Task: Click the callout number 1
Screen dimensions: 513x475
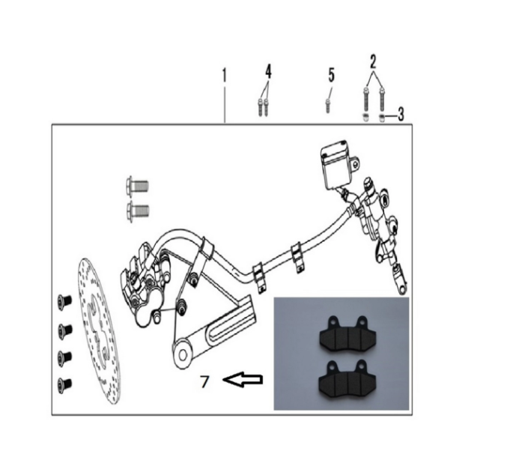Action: coord(224,76)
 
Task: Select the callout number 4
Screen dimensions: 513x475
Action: coord(268,72)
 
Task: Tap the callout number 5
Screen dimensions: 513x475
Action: coord(332,75)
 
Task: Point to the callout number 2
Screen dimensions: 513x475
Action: coord(373,61)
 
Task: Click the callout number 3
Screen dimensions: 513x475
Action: coord(401,115)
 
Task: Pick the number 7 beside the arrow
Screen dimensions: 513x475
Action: coord(204,381)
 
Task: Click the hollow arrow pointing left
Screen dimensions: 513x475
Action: coord(243,379)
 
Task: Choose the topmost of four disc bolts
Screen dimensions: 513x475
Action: coord(64,300)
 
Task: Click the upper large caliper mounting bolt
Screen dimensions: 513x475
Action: coord(137,187)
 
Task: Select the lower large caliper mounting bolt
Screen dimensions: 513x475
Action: coord(137,211)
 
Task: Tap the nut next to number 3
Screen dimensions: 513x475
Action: coord(381,118)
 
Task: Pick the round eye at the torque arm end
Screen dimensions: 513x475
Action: coord(183,355)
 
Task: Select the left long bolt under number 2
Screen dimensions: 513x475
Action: coord(365,99)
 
